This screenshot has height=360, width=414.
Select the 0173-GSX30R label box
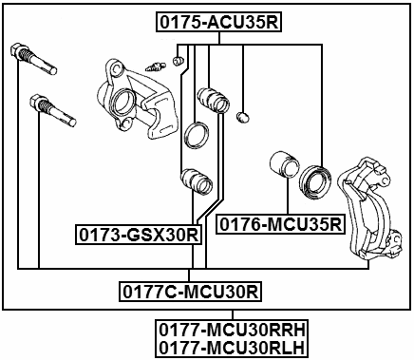tap(139, 234)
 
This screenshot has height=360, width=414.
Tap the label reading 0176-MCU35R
tap(280, 224)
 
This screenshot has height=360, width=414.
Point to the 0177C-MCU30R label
tap(191, 290)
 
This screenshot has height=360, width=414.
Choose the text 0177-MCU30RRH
tap(234, 329)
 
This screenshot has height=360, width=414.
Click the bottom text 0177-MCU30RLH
tap(234, 348)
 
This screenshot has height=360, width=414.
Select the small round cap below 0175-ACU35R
tap(243, 117)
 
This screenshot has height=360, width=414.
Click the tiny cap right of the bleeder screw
tap(176, 62)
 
